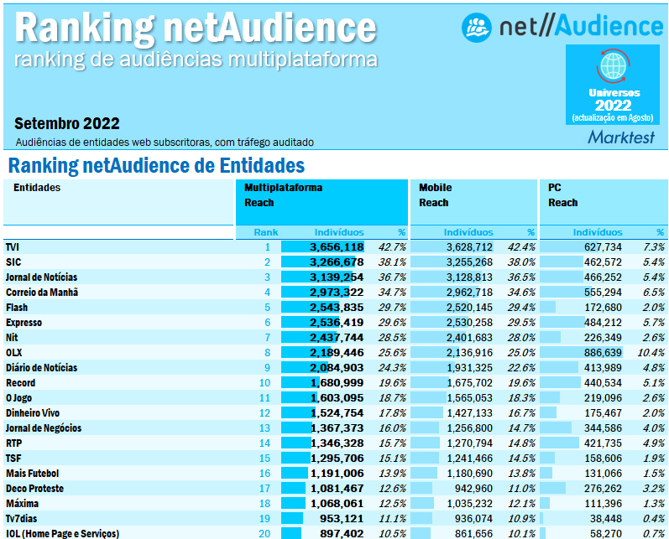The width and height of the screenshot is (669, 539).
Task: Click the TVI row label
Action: [x=13, y=246]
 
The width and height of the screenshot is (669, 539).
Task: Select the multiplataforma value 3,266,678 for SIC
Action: [x=336, y=262]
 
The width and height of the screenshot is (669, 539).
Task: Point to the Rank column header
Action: [x=266, y=231]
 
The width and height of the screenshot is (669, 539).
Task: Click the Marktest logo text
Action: [x=621, y=136]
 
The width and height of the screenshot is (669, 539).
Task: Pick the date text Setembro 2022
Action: [x=67, y=123]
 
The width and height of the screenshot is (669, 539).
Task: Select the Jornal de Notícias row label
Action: [x=41, y=277]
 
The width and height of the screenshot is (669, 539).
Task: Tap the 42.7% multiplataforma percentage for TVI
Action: [x=392, y=246]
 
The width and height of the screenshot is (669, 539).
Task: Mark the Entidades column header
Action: [x=37, y=188]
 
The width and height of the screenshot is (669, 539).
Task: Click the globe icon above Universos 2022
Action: [x=614, y=65]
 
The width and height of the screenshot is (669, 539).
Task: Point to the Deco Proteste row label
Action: [x=34, y=488]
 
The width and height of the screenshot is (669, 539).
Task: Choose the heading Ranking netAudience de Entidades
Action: [x=156, y=165]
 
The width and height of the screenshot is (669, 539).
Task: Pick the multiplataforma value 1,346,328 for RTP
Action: [x=336, y=443]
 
